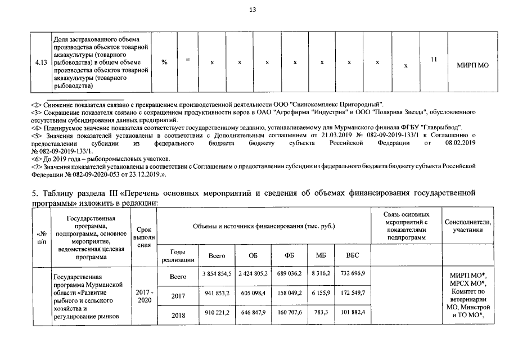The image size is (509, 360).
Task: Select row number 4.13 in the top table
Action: coord(40,62)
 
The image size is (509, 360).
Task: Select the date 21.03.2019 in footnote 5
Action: coord(343,136)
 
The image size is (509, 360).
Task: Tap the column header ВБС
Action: coord(352,255)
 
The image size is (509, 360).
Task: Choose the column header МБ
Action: coord(321,255)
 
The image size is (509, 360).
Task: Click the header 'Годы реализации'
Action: coord(178,255)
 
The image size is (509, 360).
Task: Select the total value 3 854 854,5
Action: coord(217,273)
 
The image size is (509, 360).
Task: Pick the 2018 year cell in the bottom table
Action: coord(178,315)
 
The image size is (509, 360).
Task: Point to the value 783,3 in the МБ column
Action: coord(321,312)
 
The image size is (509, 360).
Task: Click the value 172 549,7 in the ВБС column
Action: coord(352,292)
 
